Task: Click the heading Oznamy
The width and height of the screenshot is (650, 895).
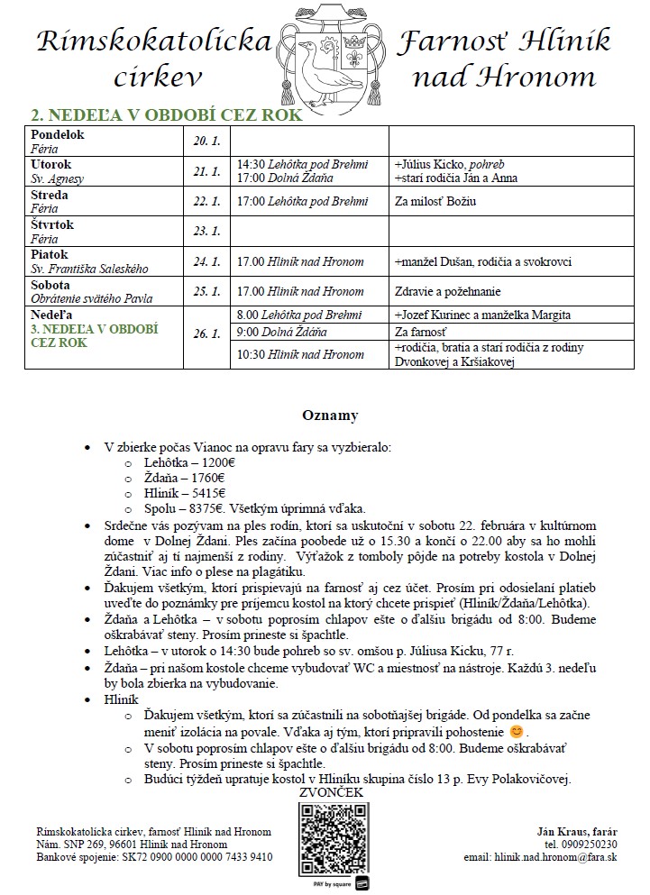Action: pyautogui.click(x=329, y=416)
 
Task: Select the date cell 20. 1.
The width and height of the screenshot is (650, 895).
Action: pyautogui.click(x=206, y=141)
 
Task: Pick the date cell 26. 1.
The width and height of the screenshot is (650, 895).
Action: pyautogui.click(x=206, y=333)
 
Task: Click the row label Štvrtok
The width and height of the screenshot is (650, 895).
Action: pyautogui.click(x=52, y=224)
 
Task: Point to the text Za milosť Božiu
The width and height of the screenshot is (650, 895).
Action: pyautogui.click(x=435, y=202)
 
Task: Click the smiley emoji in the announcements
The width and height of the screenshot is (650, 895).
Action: pyautogui.click(x=516, y=730)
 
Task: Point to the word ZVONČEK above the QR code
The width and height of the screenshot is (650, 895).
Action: pyautogui.click(x=334, y=792)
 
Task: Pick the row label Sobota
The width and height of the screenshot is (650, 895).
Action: pyautogui.click(x=51, y=283)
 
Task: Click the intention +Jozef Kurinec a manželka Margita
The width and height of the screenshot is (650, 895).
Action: pyautogui.click(x=482, y=315)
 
